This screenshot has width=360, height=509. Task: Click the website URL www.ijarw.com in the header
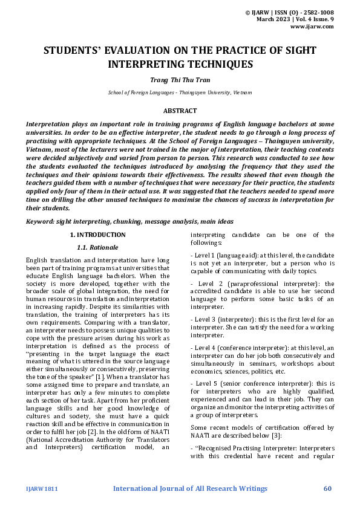tap(312, 27)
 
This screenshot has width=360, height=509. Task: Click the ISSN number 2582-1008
tap(317, 12)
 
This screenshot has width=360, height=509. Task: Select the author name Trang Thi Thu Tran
tap(180, 79)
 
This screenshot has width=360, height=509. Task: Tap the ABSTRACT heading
tap(180, 111)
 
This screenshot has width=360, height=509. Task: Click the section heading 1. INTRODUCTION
tap(97, 235)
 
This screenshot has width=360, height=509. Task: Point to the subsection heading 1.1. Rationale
tap(97, 247)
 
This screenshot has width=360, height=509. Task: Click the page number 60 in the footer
tap(328, 488)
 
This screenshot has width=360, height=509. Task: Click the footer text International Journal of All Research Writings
tap(190, 488)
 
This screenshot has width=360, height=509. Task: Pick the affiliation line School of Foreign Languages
tap(180, 93)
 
